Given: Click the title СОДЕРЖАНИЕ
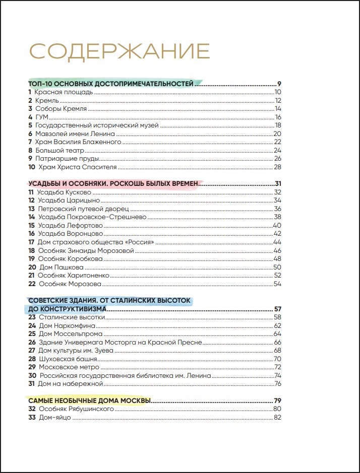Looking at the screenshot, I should click(x=119, y=51).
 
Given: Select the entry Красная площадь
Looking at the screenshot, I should click(x=64, y=92).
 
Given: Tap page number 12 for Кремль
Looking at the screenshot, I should click(x=277, y=101).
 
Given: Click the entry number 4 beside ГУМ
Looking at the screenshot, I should click(x=30, y=117).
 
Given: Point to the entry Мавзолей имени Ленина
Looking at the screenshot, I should click(x=75, y=134).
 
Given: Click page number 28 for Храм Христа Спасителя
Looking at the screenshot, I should click(x=277, y=167).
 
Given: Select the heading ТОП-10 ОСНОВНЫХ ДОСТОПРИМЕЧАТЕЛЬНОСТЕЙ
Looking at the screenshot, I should click(x=111, y=84).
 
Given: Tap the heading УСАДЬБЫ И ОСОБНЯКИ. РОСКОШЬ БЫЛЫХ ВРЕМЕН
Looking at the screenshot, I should click(x=114, y=183).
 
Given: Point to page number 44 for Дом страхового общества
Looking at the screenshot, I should click(x=277, y=242).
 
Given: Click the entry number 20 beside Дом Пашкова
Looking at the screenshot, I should click(x=32, y=267).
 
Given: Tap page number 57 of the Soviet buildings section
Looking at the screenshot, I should click(x=277, y=309).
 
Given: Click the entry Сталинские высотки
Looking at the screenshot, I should click(x=72, y=317).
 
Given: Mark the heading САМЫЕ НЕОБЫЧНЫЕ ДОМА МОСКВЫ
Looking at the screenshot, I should click(x=89, y=400).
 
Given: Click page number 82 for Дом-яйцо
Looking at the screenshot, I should click(x=277, y=417).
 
